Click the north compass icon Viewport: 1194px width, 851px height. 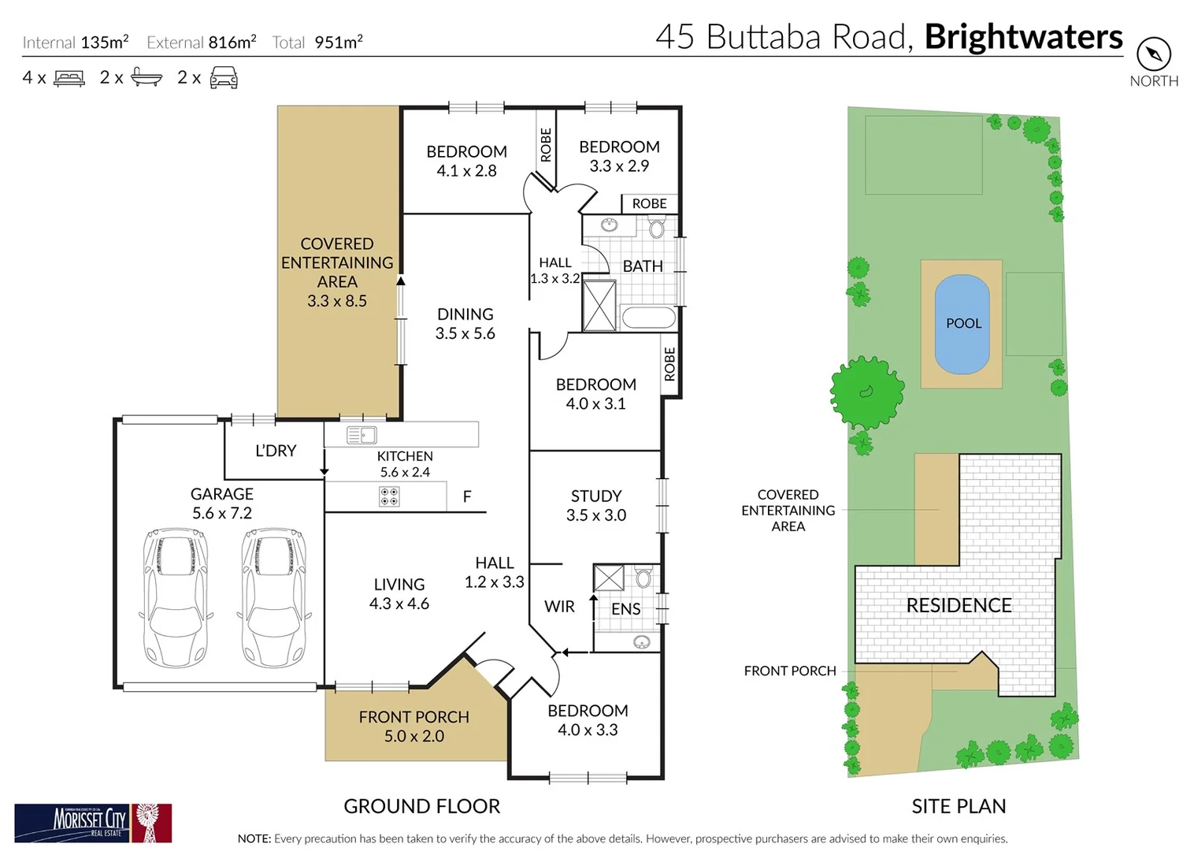click(1153, 54)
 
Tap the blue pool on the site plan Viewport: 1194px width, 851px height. click(962, 324)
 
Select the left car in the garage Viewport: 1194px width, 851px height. click(175, 597)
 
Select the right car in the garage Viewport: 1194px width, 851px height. click(273, 597)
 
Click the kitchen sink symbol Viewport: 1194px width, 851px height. click(362, 435)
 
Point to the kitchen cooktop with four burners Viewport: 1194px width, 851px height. click(389, 496)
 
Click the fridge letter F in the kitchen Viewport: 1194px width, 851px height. click(467, 496)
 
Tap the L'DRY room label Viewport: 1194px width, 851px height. click(276, 451)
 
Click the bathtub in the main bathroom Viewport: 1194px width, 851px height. click(648, 318)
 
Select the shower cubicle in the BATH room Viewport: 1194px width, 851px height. click(599, 306)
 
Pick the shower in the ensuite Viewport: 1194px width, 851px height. click(609, 578)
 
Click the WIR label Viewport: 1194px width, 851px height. click(559, 607)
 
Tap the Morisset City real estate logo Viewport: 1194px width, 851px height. click(93, 823)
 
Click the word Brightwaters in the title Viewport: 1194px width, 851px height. click(1023, 37)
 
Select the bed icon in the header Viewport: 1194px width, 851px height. click(69, 78)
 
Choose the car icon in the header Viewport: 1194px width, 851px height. click(224, 78)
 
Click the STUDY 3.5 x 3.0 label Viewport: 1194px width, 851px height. click(596, 505)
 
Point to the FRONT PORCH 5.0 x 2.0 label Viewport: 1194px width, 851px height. click(413, 727)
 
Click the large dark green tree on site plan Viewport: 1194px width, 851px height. click(867, 392)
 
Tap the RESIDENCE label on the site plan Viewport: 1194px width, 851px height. click(959, 605)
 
